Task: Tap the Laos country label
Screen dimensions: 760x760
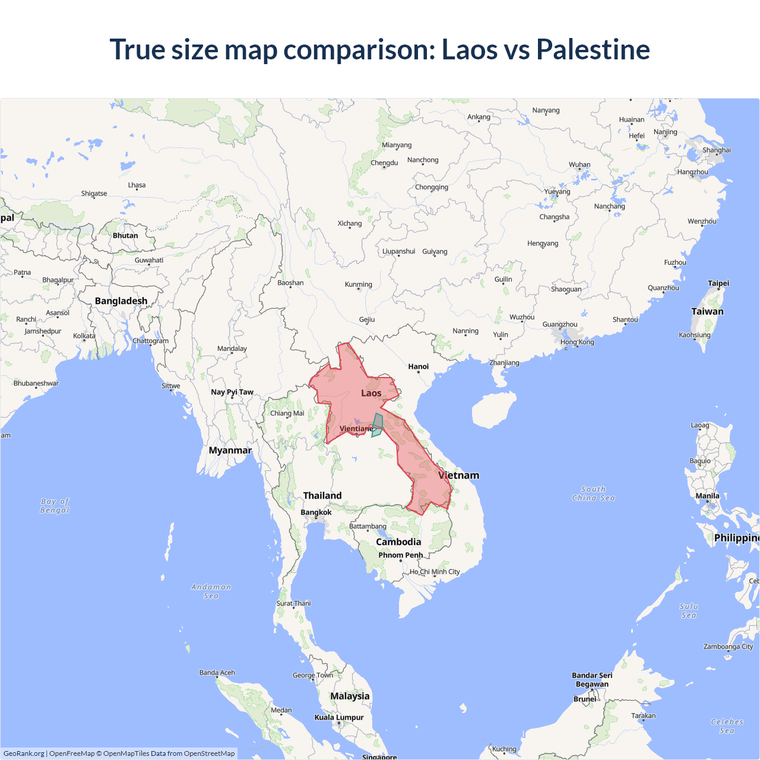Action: click(x=371, y=393)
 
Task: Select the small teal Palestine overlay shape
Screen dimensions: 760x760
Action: click(x=378, y=424)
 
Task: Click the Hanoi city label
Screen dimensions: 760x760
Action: click(x=418, y=366)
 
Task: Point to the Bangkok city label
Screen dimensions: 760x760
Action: click(x=316, y=512)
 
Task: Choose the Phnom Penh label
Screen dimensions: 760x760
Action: click(x=401, y=555)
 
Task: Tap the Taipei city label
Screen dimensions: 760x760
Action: click(x=718, y=283)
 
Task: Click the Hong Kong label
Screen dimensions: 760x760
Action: click(x=577, y=342)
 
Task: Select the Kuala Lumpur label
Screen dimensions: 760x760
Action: click(x=339, y=717)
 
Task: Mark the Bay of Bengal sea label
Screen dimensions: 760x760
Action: click(x=55, y=506)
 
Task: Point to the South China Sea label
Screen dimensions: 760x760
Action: click(x=593, y=493)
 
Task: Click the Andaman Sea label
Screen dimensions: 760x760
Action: click(x=211, y=591)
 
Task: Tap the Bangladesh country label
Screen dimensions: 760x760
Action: click(x=121, y=301)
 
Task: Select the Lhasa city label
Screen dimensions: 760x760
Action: click(x=137, y=185)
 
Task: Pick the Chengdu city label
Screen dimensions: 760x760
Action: click(x=384, y=163)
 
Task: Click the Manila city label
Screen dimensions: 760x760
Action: click(x=707, y=496)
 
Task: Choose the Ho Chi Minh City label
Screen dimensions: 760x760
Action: click(x=435, y=572)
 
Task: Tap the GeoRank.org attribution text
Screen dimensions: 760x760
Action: click(x=24, y=753)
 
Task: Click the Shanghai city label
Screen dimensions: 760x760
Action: click(x=717, y=150)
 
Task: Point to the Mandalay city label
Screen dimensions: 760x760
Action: click(x=232, y=349)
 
